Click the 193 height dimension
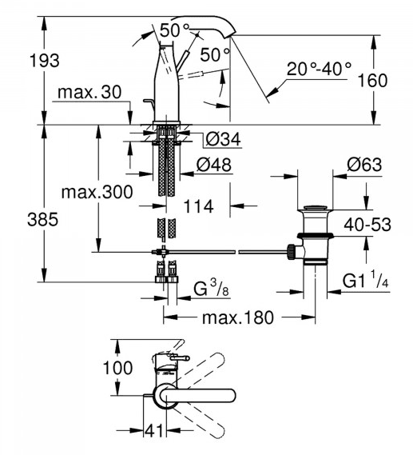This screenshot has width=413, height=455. pyautogui.click(x=45, y=61)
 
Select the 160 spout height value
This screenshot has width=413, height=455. pyautogui.click(x=373, y=81)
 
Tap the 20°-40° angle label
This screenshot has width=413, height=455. pyautogui.click(x=319, y=69)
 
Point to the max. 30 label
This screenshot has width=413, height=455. pyautogui.click(x=89, y=92)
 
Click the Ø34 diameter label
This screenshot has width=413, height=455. pyautogui.click(x=223, y=139)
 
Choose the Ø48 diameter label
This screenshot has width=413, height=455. pyautogui.click(x=214, y=165)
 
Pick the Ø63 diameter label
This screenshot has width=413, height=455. pyautogui.click(x=364, y=165)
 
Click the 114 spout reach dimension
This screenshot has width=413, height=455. pyautogui.click(x=199, y=206)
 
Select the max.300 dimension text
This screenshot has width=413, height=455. pyautogui.click(x=97, y=192)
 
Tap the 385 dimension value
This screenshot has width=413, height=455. pyautogui.click(x=43, y=219)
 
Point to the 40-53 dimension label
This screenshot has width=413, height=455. pyautogui.click(x=367, y=225)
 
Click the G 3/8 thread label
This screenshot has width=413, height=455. pyautogui.click(x=211, y=288)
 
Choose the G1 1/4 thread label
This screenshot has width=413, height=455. pyautogui.click(x=366, y=280)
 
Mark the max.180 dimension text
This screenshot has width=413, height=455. pyautogui.click(x=238, y=317)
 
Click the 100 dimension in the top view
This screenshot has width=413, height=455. pyautogui.click(x=118, y=368)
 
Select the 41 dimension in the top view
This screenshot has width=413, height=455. pyautogui.click(x=154, y=430)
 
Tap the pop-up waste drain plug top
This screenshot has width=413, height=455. pyautogui.click(x=316, y=208)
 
